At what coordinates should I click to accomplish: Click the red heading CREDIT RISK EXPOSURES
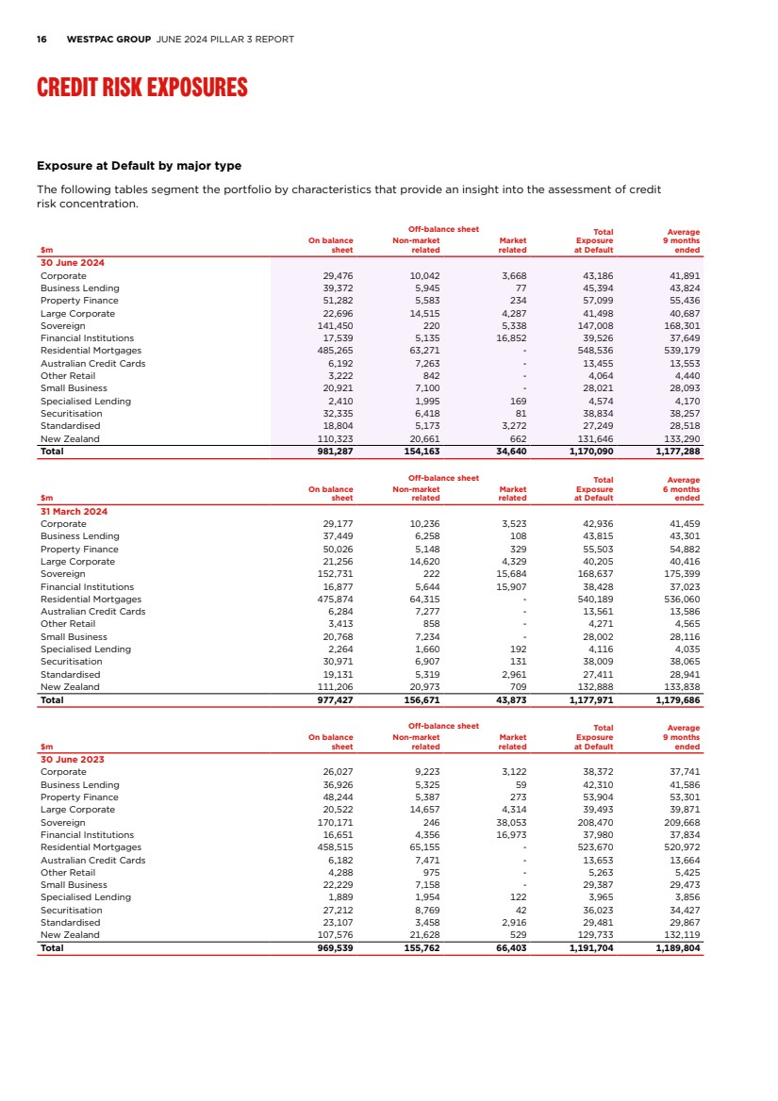click(141, 89)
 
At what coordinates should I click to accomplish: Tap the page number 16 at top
click(41, 40)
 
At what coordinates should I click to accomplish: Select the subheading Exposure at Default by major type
click(139, 166)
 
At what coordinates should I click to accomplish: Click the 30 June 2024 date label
click(73, 262)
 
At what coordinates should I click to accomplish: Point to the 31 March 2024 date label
click(74, 511)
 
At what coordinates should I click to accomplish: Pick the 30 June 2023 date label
click(73, 759)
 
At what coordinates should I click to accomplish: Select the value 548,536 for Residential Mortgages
click(593, 351)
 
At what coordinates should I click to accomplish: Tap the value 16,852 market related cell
click(511, 337)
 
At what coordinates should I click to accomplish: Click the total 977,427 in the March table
click(333, 700)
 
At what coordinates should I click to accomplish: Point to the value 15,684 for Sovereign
click(511, 574)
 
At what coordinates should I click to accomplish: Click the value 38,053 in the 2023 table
click(511, 822)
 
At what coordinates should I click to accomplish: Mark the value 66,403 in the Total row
click(509, 948)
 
